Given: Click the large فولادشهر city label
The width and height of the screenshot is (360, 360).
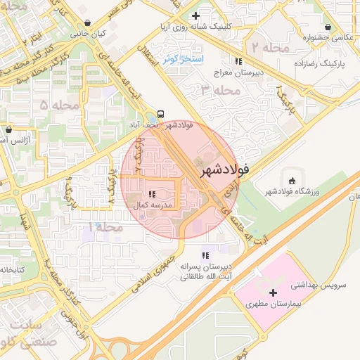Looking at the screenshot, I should [224, 171].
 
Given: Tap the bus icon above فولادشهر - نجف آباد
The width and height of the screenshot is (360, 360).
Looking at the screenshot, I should [162, 113].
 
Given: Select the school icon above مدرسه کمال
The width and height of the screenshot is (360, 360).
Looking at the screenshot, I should [151, 193].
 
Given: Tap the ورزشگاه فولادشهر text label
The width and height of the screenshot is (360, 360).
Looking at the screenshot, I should [288, 191].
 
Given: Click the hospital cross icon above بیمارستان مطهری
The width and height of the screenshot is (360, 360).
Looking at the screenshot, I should [274, 292].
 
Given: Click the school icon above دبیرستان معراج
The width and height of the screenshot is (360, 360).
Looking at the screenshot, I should [239, 61].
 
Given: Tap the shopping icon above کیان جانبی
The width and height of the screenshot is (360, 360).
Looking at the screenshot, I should [86, 22].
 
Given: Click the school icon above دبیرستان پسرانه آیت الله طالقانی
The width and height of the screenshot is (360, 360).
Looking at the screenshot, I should [205, 255].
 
